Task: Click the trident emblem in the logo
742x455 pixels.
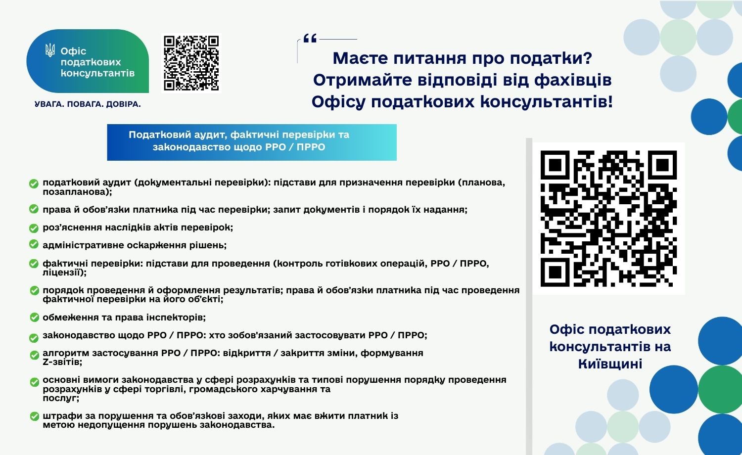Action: [x=50, y=50]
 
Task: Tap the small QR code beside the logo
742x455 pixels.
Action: [x=191, y=63]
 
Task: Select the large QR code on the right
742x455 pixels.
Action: [x=608, y=219]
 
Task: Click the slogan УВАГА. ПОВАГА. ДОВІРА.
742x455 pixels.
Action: [x=88, y=104]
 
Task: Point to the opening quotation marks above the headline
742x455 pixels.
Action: [x=310, y=38]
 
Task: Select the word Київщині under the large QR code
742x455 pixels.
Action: [x=610, y=364]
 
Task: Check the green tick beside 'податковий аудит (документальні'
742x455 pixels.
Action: [x=34, y=183]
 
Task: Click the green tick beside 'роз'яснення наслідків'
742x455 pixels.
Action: [x=34, y=228]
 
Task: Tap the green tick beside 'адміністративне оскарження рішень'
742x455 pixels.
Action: [x=34, y=244]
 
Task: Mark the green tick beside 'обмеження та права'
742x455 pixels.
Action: [x=35, y=317]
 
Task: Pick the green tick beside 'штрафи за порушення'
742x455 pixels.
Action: [x=35, y=416]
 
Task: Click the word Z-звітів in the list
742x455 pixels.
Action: [x=62, y=362]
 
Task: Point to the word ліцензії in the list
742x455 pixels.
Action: [x=64, y=273]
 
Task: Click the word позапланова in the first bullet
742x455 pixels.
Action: [x=77, y=192]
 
